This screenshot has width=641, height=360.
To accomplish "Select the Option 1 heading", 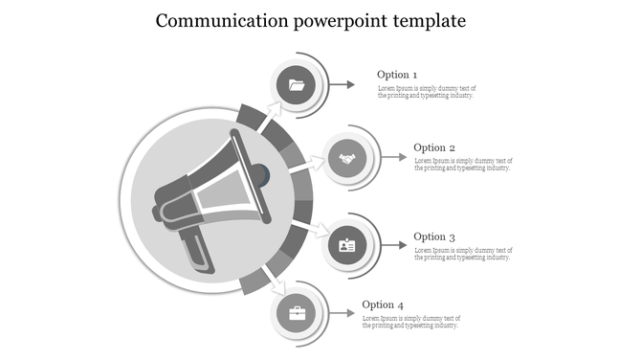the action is pos(397,75).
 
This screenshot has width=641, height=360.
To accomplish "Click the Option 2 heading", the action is pos(434,147).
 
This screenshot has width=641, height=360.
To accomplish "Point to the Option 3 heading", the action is pos(434,236).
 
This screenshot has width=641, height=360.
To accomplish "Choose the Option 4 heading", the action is pos(383,305).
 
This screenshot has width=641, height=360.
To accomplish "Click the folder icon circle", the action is pos(297,85).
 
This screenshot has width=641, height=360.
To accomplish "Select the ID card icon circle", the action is pos(347,246).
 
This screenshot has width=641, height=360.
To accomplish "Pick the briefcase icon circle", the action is pos(297,314).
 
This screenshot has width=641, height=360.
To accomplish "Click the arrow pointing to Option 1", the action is pos(343,85).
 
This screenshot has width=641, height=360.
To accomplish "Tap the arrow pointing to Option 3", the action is pos(393,246).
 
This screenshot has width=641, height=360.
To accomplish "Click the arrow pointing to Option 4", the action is pos(343,314).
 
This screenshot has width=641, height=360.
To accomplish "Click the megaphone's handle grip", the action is pos(197,248).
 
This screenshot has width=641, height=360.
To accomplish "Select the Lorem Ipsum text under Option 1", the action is pos(427,92).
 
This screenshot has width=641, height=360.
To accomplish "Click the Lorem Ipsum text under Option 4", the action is pos(412,322).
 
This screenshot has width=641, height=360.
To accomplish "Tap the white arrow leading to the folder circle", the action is pos(272,114).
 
